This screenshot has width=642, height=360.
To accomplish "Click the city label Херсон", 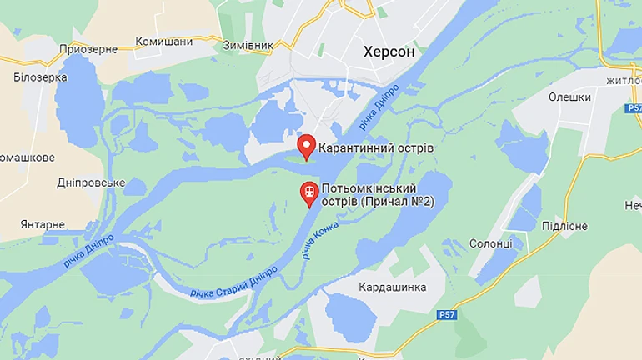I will (x=389, y=52).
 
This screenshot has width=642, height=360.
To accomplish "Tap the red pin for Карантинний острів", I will (x=307, y=147).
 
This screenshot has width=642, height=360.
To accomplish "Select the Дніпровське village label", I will (x=91, y=182).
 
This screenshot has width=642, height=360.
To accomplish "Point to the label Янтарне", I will (x=43, y=225).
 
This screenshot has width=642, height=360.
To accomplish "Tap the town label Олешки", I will (x=569, y=97).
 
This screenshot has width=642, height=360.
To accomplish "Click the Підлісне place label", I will (x=564, y=226).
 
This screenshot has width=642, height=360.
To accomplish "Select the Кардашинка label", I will (x=392, y=287).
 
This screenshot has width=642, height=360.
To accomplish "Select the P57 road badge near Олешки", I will (x=633, y=108).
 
